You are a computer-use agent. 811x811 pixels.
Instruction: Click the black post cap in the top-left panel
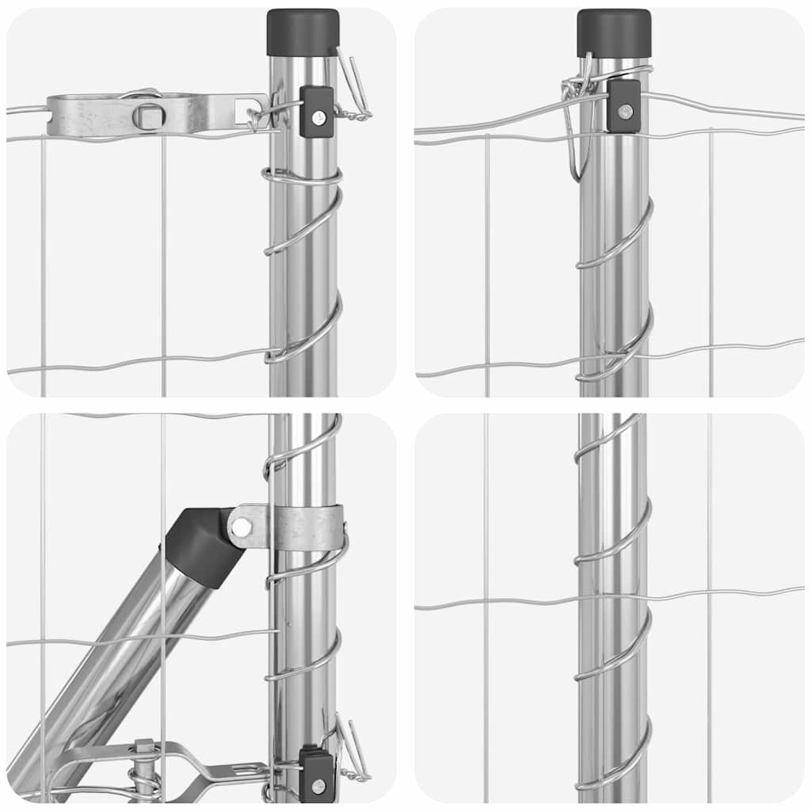(x=303, y=32)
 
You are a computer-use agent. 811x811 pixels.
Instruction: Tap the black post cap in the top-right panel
(x=614, y=32)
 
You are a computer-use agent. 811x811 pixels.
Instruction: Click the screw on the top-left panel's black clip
(x=318, y=118)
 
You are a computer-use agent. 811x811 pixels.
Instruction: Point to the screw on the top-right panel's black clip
(x=626, y=111)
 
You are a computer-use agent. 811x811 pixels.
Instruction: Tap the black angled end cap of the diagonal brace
(x=202, y=546)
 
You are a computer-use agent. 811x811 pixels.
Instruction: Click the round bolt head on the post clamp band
(x=240, y=525)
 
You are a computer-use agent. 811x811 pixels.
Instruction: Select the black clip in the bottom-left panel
(x=316, y=774)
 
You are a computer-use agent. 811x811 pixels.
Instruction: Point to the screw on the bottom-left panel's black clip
(x=318, y=785)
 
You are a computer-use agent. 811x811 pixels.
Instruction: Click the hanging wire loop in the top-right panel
(x=577, y=131)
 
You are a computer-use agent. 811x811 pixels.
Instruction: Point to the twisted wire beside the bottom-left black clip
(x=352, y=752)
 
